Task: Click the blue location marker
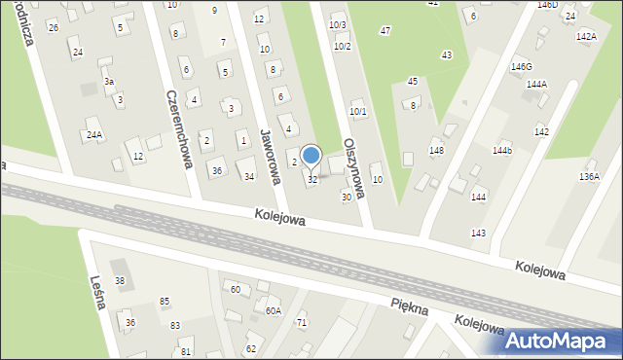point(311,156)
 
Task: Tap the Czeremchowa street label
point(177,129)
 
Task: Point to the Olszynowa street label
point(354,168)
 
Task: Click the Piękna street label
point(409,307)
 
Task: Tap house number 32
point(312,180)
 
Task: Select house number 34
point(249,176)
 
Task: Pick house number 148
point(436,151)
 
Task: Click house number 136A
point(589,176)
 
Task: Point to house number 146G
point(522,66)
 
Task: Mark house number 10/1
point(357,112)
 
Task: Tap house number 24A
point(94,134)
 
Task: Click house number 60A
point(274,311)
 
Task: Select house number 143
point(478,233)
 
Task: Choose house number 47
point(385,32)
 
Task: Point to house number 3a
point(110,82)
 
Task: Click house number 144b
point(501,151)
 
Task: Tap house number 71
point(302,322)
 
